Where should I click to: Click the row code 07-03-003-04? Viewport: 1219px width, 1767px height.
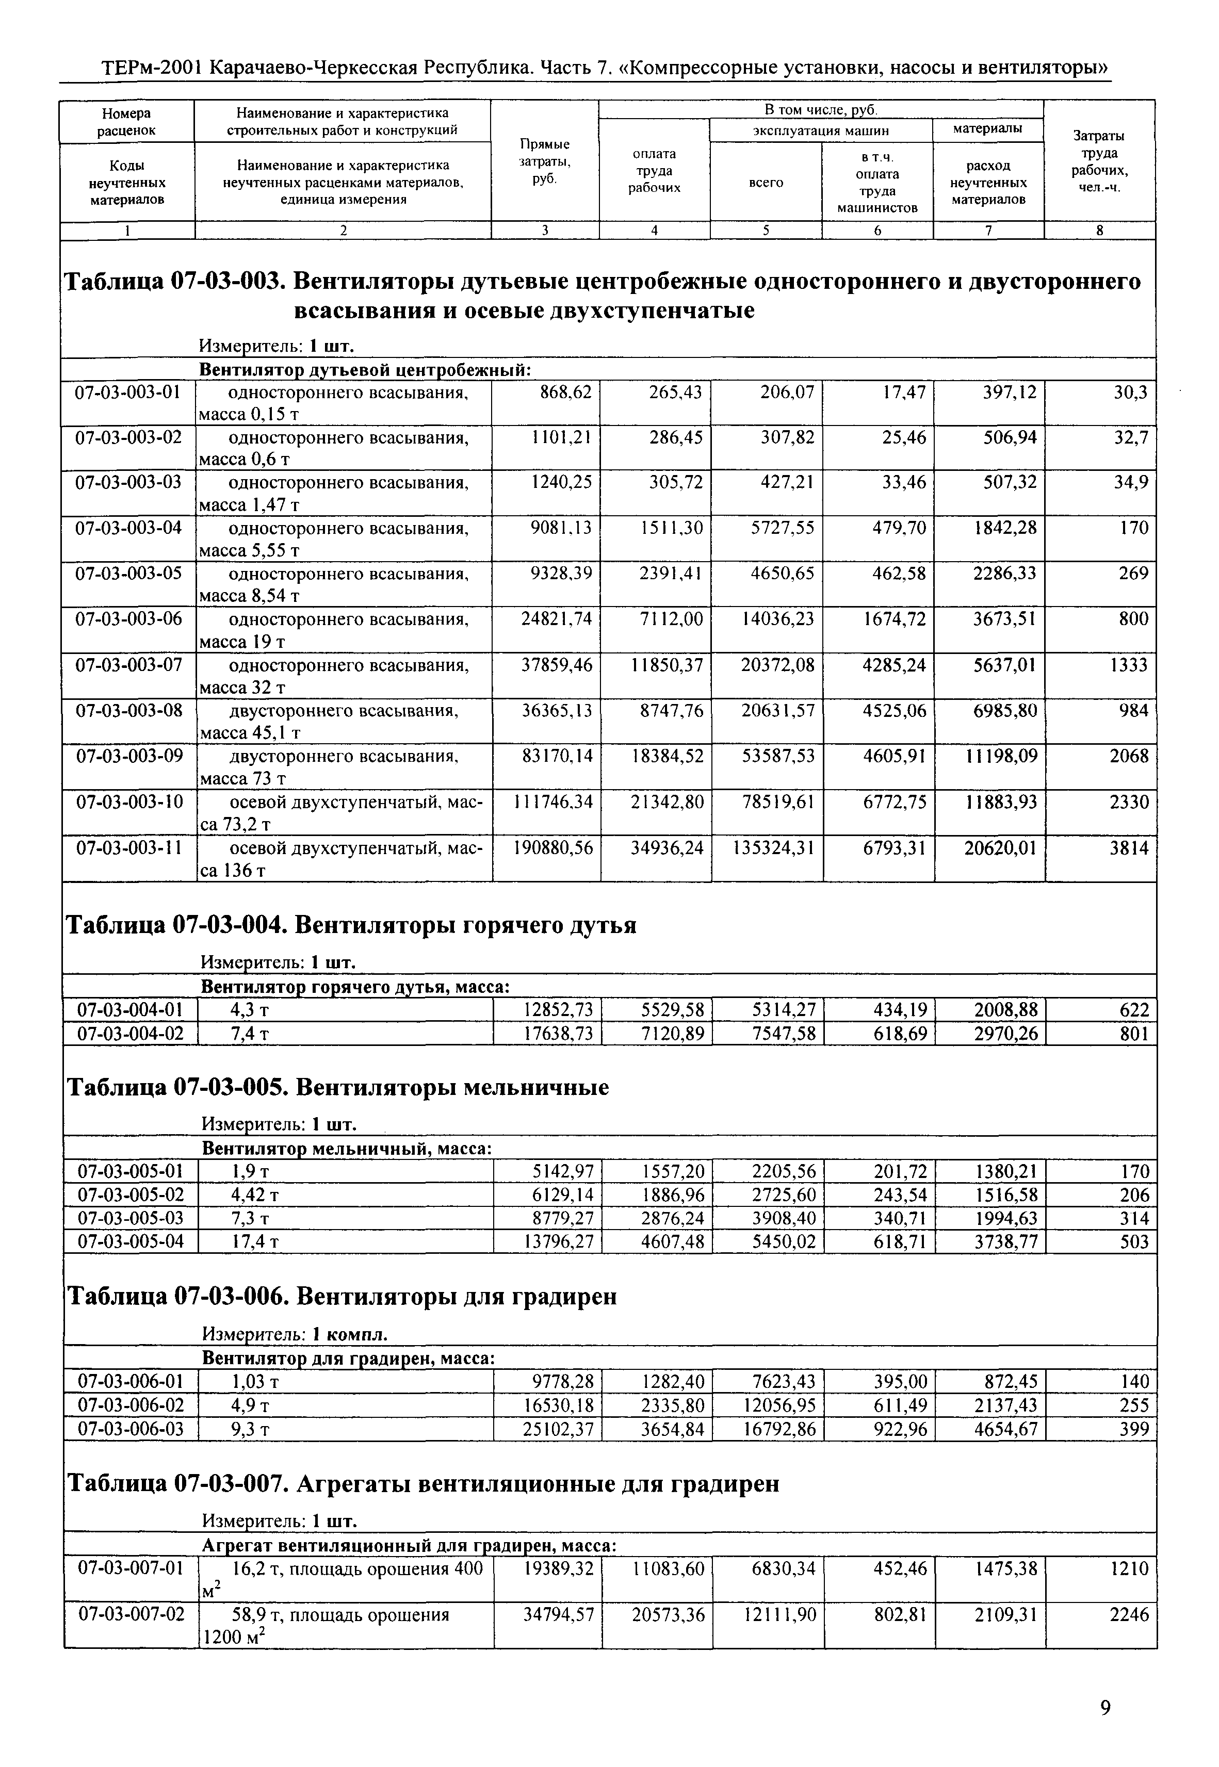pos(127,528)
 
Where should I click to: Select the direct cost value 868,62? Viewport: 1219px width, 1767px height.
pos(565,392)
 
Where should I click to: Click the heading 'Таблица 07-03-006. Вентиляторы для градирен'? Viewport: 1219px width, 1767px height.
pos(342,1297)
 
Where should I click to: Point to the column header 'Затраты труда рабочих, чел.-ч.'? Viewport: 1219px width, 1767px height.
pos(1099,161)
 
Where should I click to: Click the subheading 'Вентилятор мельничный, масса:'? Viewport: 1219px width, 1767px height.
pos(346,1149)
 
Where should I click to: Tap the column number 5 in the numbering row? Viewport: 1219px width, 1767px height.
pos(766,230)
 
